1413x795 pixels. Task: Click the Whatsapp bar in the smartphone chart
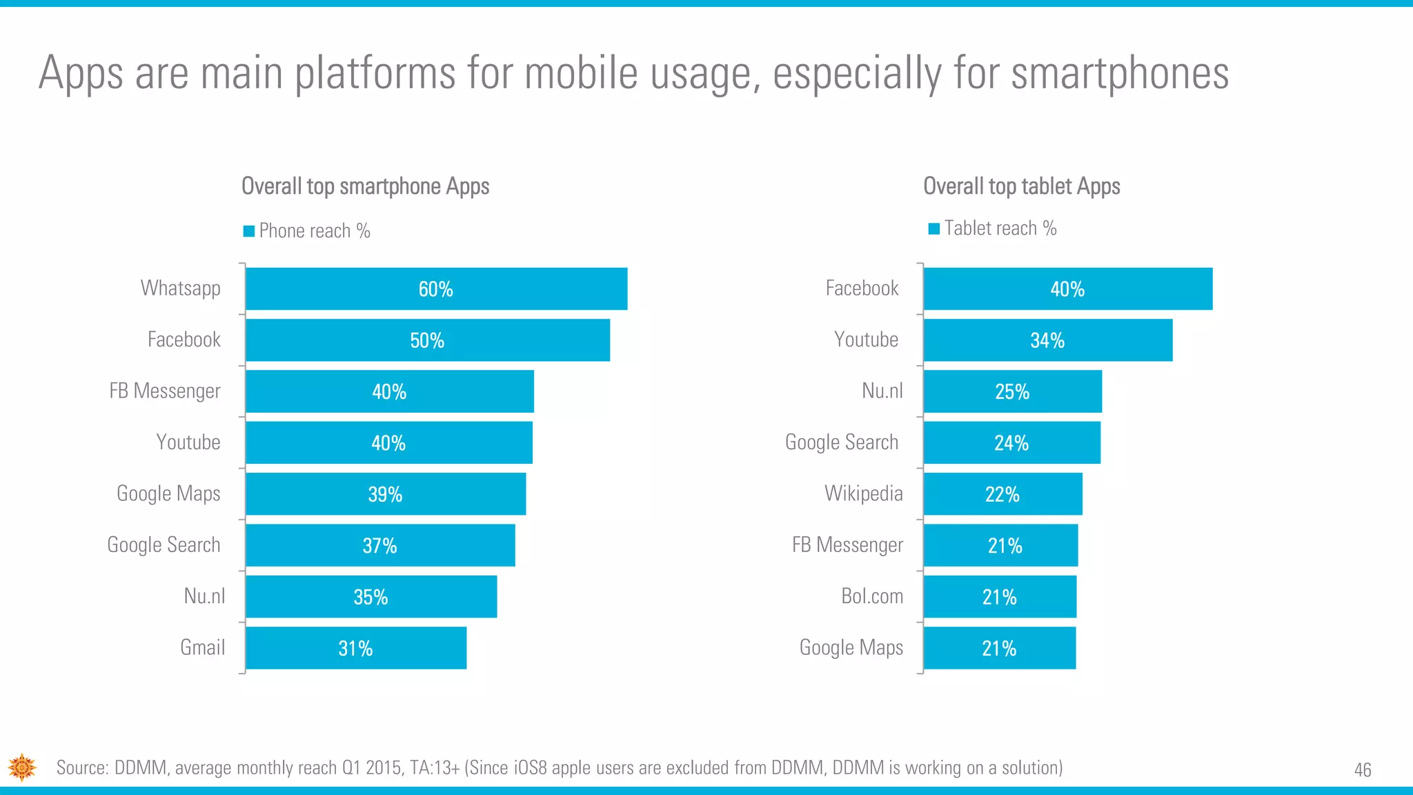[436, 288]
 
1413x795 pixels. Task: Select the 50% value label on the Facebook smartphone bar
[427, 340]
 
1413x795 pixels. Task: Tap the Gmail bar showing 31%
[356, 648]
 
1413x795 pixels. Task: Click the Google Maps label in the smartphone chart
[168, 493]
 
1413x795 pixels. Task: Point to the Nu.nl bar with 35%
[371, 597]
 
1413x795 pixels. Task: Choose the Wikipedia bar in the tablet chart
[1002, 494]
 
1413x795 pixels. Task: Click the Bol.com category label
[872, 596]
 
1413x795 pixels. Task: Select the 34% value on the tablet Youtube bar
[1047, 340]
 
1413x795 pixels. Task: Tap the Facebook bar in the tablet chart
[1067, 288]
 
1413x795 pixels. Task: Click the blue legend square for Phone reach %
[249, 231]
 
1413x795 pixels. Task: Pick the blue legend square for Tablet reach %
[934, 229]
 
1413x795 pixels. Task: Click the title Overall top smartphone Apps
[365, 186]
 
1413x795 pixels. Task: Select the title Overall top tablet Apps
[1021, 186]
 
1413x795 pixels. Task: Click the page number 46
[1363, 769]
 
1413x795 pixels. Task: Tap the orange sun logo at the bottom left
[22, 767]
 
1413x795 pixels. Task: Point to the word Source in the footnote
[82, 767]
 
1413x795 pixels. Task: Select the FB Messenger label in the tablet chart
[847, 545]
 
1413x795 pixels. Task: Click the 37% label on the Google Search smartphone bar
[379, 546]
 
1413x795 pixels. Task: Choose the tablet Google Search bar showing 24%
[1011, 443]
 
